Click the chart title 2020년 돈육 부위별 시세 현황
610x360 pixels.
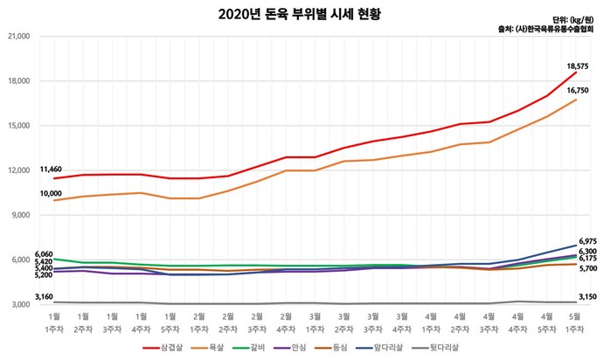tap(305, 15)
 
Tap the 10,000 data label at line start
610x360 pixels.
tap(51, 192)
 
